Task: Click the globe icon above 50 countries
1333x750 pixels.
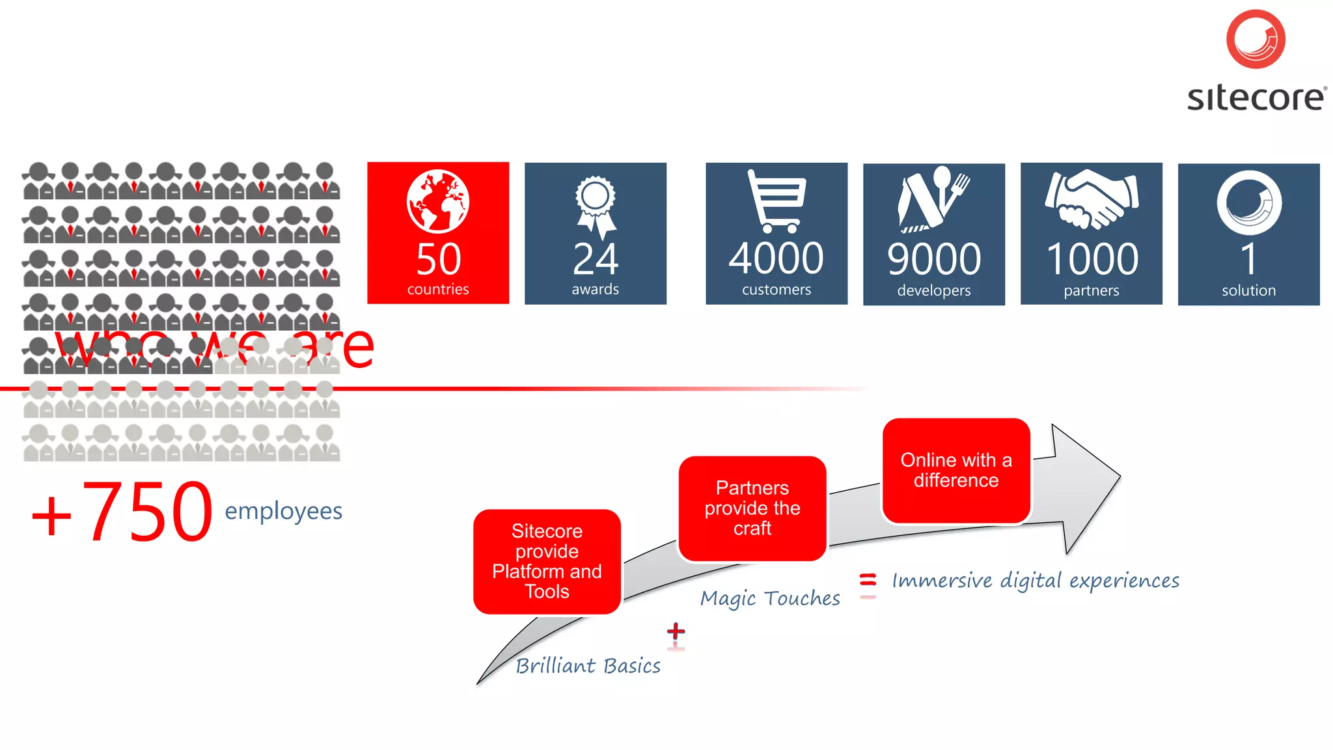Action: pos(438,201)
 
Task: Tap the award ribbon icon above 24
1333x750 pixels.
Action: pos(596,205)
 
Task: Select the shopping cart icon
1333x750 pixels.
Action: pos(776,201)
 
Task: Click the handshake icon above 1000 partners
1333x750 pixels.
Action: pos(1092,199)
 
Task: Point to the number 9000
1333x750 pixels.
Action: pos(934,259)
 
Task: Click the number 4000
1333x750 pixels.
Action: pos(776,258)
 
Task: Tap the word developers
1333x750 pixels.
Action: pos(934,290)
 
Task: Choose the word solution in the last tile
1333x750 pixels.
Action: pos(1248,290)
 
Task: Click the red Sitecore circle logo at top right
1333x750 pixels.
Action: pos(1256,39)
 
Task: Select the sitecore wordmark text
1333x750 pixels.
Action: pos(1256,98)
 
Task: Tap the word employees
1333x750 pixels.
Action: pos(284,512)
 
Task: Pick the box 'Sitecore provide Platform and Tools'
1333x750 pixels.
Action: pos(547,561)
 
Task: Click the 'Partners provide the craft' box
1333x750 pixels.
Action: pos(752,508)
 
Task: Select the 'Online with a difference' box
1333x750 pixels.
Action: pos(956,470)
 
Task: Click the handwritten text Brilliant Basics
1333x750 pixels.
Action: pos(588,665)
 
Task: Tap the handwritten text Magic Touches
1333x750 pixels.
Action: pos(770,598)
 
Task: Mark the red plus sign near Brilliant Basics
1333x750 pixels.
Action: pos(676,631)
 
